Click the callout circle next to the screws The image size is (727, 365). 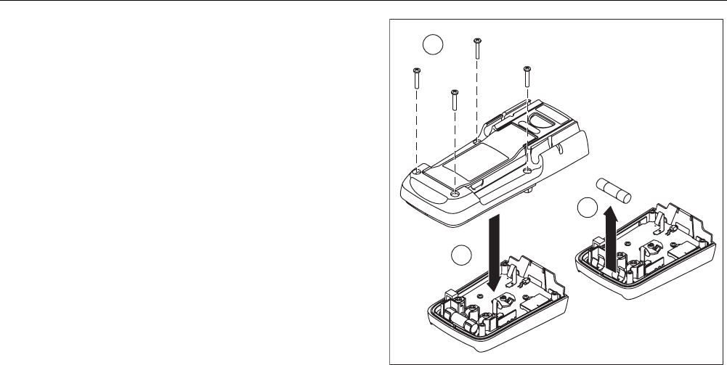click(x=433, y=45)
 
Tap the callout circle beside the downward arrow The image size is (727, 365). click(x=459, y=255)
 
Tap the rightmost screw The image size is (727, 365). click(x=527, y=81)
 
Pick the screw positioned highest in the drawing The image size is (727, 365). click(x=476, y=49)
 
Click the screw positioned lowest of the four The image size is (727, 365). click(x=453, y=100)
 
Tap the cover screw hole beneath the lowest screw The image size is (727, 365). click(x=454, y=193)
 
